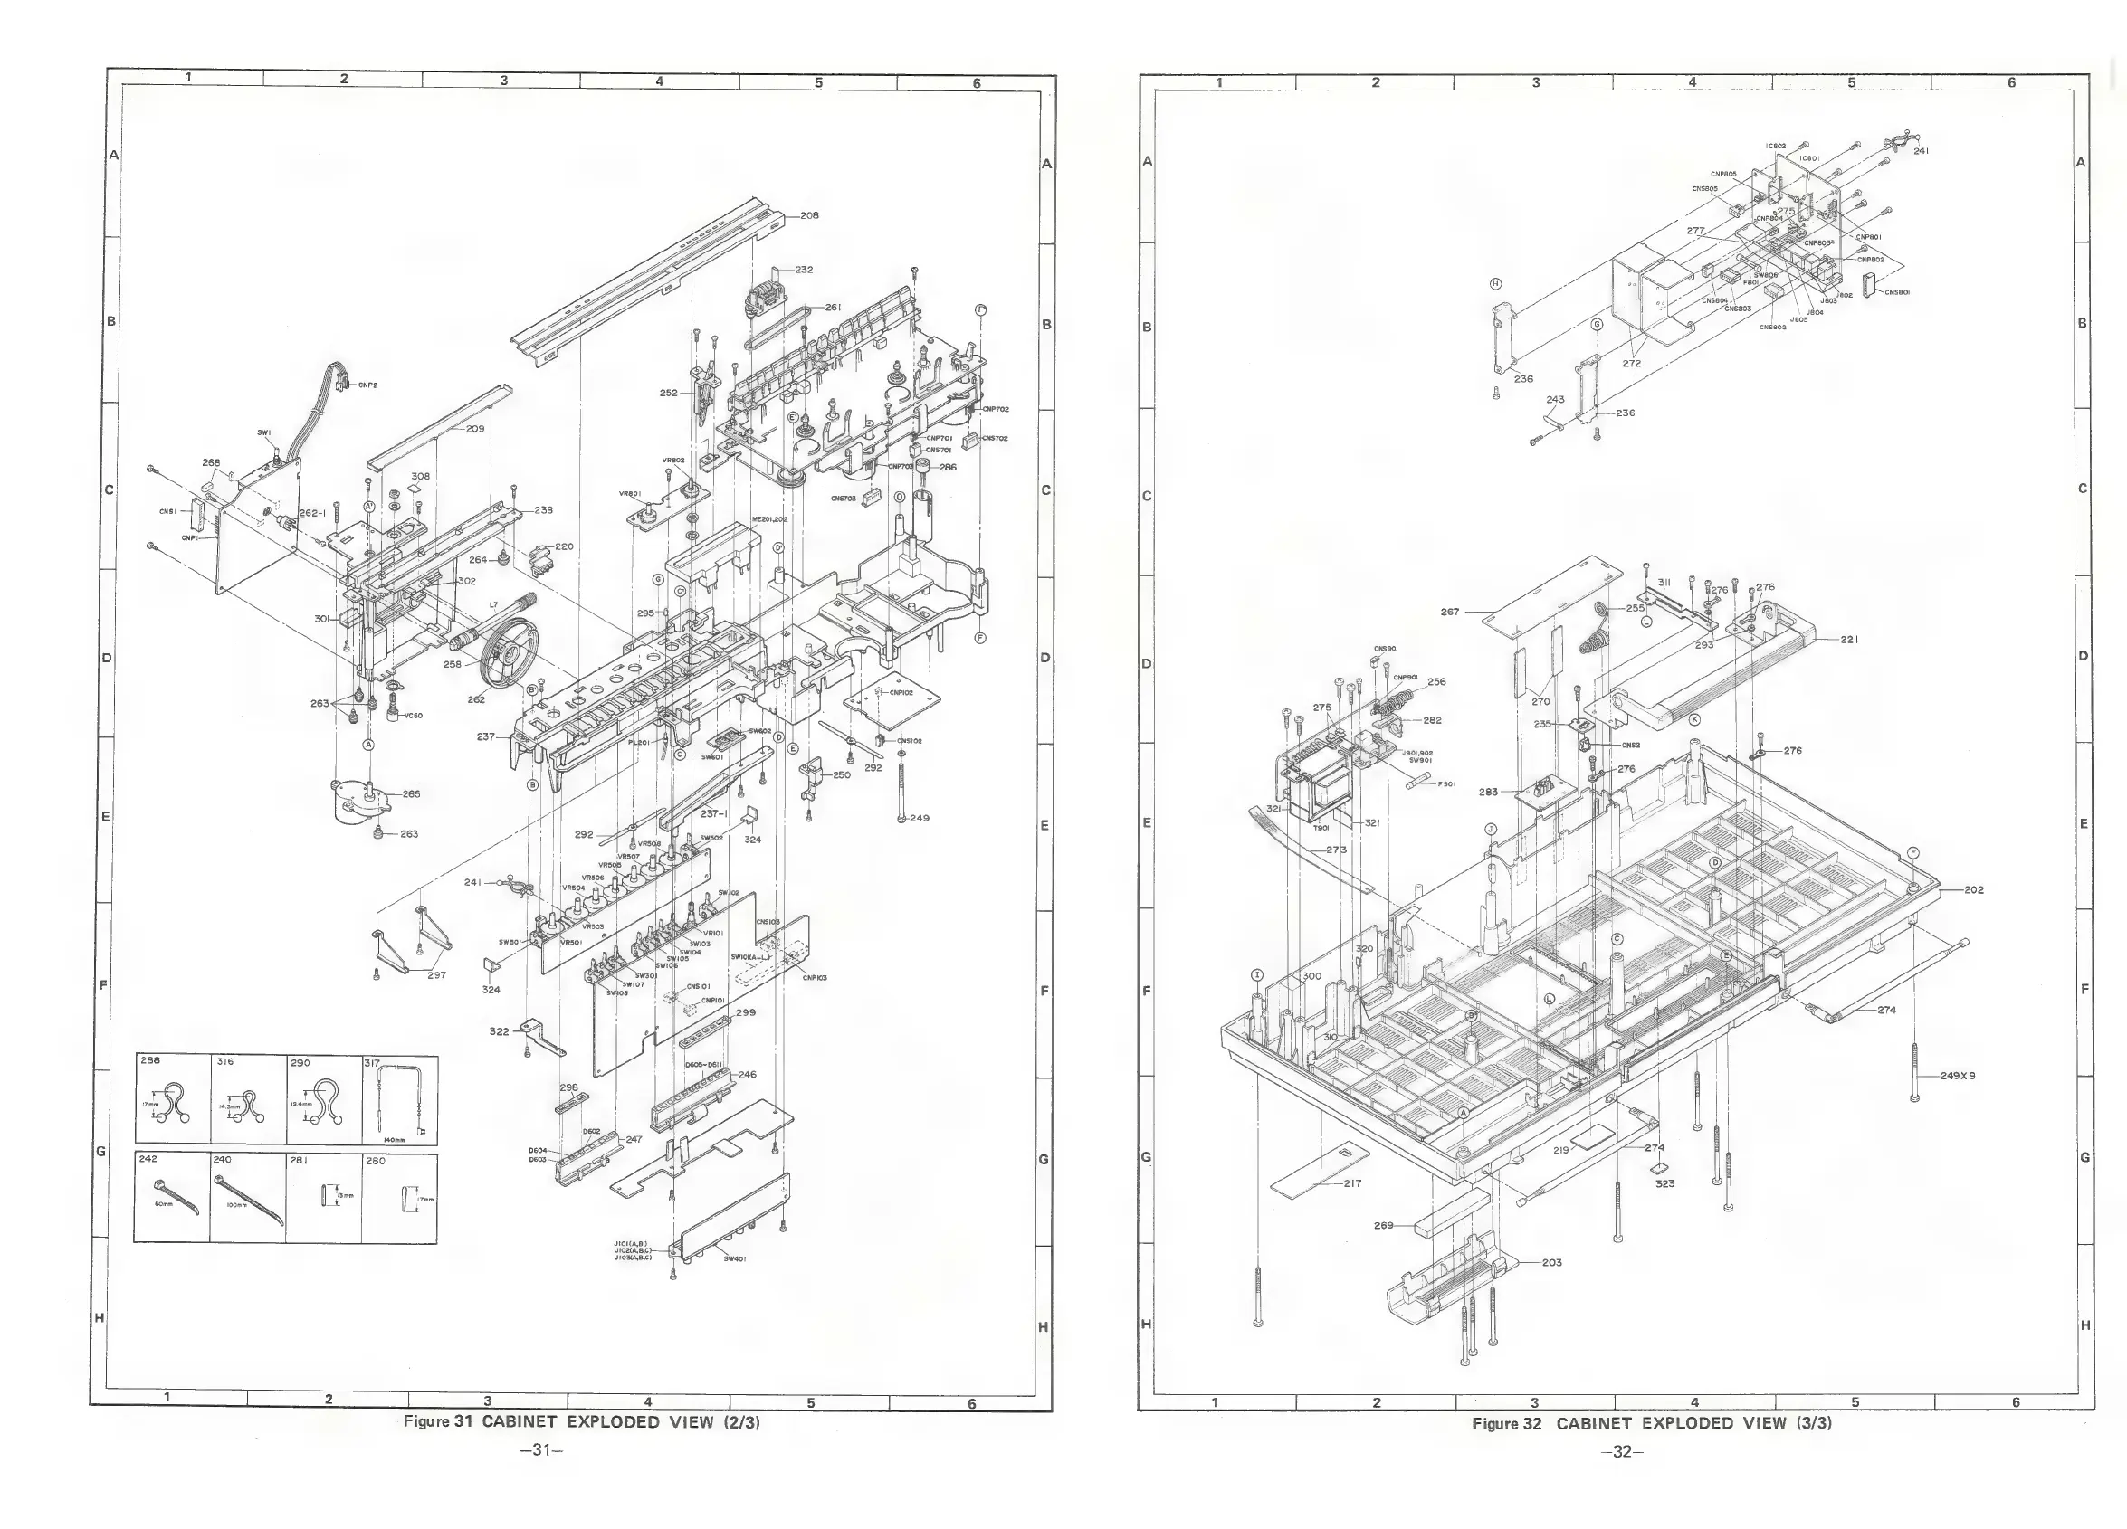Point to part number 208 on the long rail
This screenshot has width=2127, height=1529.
(x=808, y=215)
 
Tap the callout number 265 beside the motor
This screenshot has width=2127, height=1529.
(x=411, y=794)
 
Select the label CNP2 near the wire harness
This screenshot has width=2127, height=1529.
(x=367, y=385)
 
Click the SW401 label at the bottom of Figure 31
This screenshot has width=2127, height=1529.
(x=734, y=1259)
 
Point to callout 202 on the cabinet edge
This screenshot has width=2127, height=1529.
(x=1973, y=889)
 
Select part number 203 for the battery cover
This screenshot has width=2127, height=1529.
(x=1552, y=1262)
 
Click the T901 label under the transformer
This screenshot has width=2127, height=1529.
(x=1321, y=828)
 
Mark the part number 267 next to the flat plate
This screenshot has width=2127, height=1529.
(x=1450, y=613)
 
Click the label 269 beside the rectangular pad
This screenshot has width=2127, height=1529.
(x=1383, y=1225)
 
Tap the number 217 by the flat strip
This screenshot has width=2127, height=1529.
(x=1352, y=1183)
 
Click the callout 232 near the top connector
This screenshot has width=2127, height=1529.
(x=804, y=270)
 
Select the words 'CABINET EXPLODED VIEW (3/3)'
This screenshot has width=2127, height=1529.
(x=1693, y=1423)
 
